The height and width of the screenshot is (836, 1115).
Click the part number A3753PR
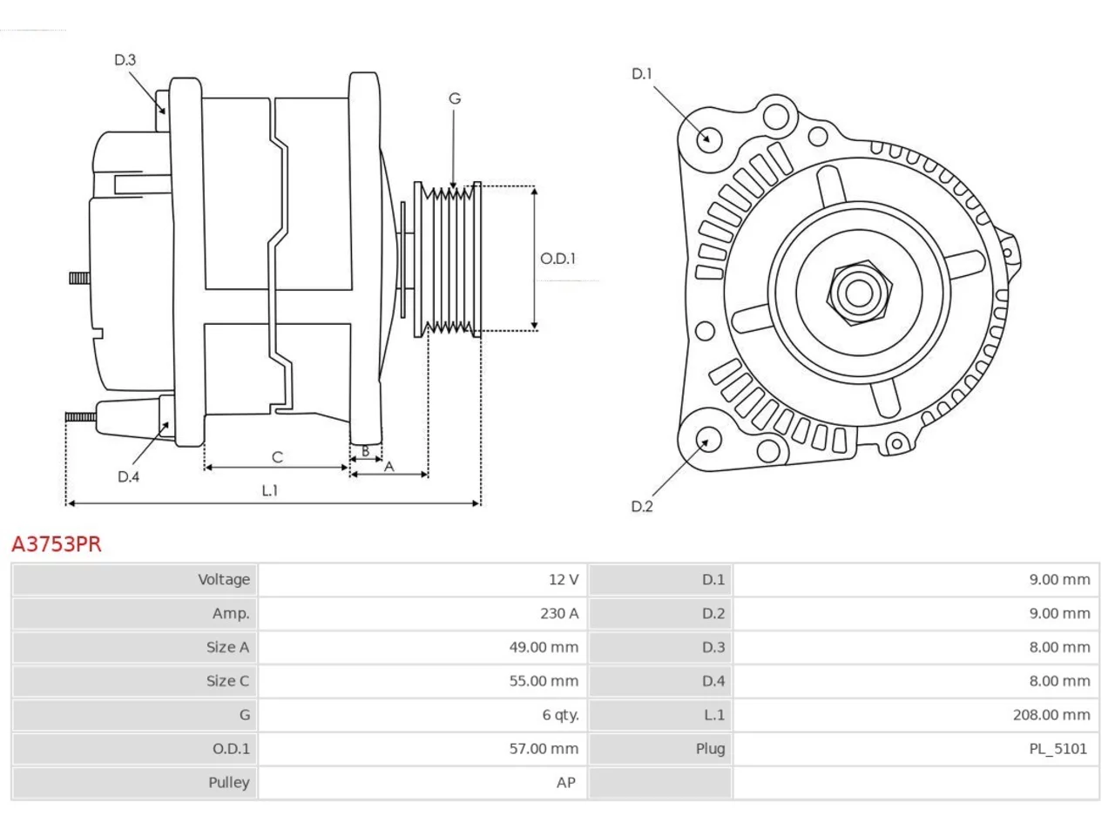pos(57,544)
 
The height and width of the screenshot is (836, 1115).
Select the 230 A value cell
pos(559,614)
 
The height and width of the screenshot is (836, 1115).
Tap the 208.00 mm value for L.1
pos(1051,715)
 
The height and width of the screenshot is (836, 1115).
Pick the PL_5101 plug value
pos(1058,749)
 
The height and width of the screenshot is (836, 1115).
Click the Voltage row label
pos(224,580)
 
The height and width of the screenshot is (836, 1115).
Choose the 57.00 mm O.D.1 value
pos(544,749)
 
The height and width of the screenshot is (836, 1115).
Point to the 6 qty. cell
pos(560,715)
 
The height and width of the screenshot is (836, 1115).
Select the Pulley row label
pos(228,783)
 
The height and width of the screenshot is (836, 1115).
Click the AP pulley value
pos(566,783)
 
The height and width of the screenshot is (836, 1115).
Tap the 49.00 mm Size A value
pos(544,648)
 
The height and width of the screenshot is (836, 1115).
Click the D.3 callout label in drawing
pos(125,60)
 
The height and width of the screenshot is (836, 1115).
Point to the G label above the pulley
pos(455,98)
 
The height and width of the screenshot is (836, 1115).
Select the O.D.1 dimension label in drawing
pos(557,259)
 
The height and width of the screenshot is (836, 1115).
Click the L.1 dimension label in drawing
pos(270,491)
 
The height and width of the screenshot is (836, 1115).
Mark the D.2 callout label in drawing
pos(642,507)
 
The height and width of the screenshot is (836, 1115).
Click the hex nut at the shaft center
pos(859,293)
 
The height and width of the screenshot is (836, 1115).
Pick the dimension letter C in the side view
pos(277,457)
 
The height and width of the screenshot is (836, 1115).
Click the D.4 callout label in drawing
pos(128,477)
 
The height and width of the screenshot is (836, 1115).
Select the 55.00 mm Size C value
pos(544,681)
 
